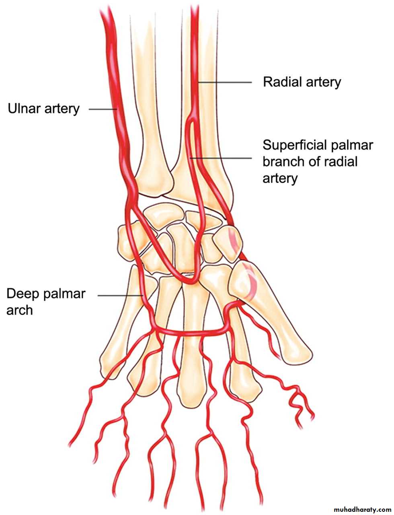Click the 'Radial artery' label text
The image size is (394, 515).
[x=302, y=82]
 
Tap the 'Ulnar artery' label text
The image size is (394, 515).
[x=44, y=109]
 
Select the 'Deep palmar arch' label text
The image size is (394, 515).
[x=46, y=302]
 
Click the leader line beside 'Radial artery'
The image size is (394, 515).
[x=224, y=82]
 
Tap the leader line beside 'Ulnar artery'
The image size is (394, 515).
[x=103, y=109]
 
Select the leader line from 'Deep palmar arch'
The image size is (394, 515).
[x=121, y=295]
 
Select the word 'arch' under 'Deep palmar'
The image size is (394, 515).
[x=19, y=310]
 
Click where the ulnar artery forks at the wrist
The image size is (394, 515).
[x=130, y=206]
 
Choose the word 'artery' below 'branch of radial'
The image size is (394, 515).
[x=280, y=179]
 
